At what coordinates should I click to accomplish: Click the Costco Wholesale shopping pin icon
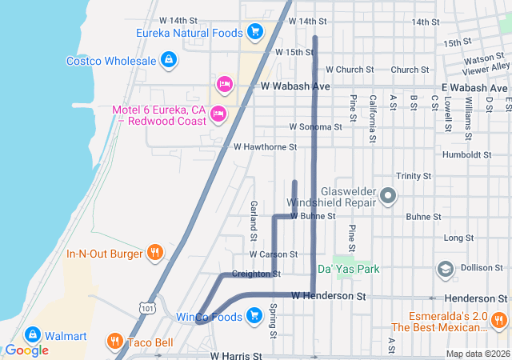point(169,60)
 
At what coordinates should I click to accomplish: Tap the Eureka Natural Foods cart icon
point(255,32)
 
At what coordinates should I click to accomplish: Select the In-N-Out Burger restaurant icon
point(155,254)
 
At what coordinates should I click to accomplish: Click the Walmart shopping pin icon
point(34,335)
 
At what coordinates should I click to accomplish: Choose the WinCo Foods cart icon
point(255,316)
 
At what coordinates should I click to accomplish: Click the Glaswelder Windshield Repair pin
point(388,195)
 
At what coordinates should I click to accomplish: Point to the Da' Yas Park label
point(348,270)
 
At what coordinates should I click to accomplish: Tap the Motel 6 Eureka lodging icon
point(218,115)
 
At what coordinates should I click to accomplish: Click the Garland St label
point(253,221)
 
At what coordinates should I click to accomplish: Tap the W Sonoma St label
point(315,126)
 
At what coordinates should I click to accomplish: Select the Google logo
point(26,350)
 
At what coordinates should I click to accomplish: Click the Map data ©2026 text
point(477,354)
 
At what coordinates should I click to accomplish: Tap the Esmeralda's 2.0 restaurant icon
point(499,320)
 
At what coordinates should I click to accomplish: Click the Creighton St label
point(255,274)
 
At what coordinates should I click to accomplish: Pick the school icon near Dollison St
point(444,270)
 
